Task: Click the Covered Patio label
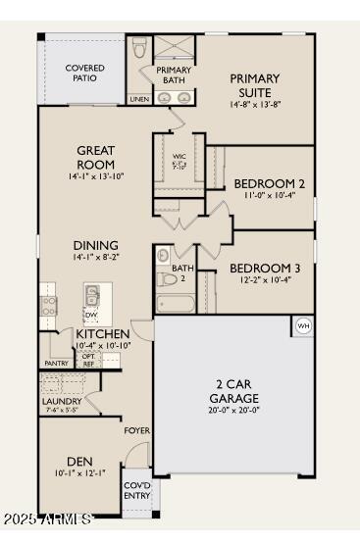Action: (x=85, y=74)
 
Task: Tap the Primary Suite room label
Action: (x=254, y=85)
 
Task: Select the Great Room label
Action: (x=96, y=158)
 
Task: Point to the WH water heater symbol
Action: (x=302, y=325)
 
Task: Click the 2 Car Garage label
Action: (x=234, y=392)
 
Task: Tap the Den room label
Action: (x=79, y=462)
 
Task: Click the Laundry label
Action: (x=62, y=401)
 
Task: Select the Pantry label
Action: (x=57, y=364)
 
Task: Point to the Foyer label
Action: (x=136, y=430)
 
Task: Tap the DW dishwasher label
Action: (x=90, y=315)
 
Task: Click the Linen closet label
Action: (x=138, y=99)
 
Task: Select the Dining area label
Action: (x=96, y=246)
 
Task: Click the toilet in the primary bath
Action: (x=139, y=48)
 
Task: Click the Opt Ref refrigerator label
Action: (x=88, y=360)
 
